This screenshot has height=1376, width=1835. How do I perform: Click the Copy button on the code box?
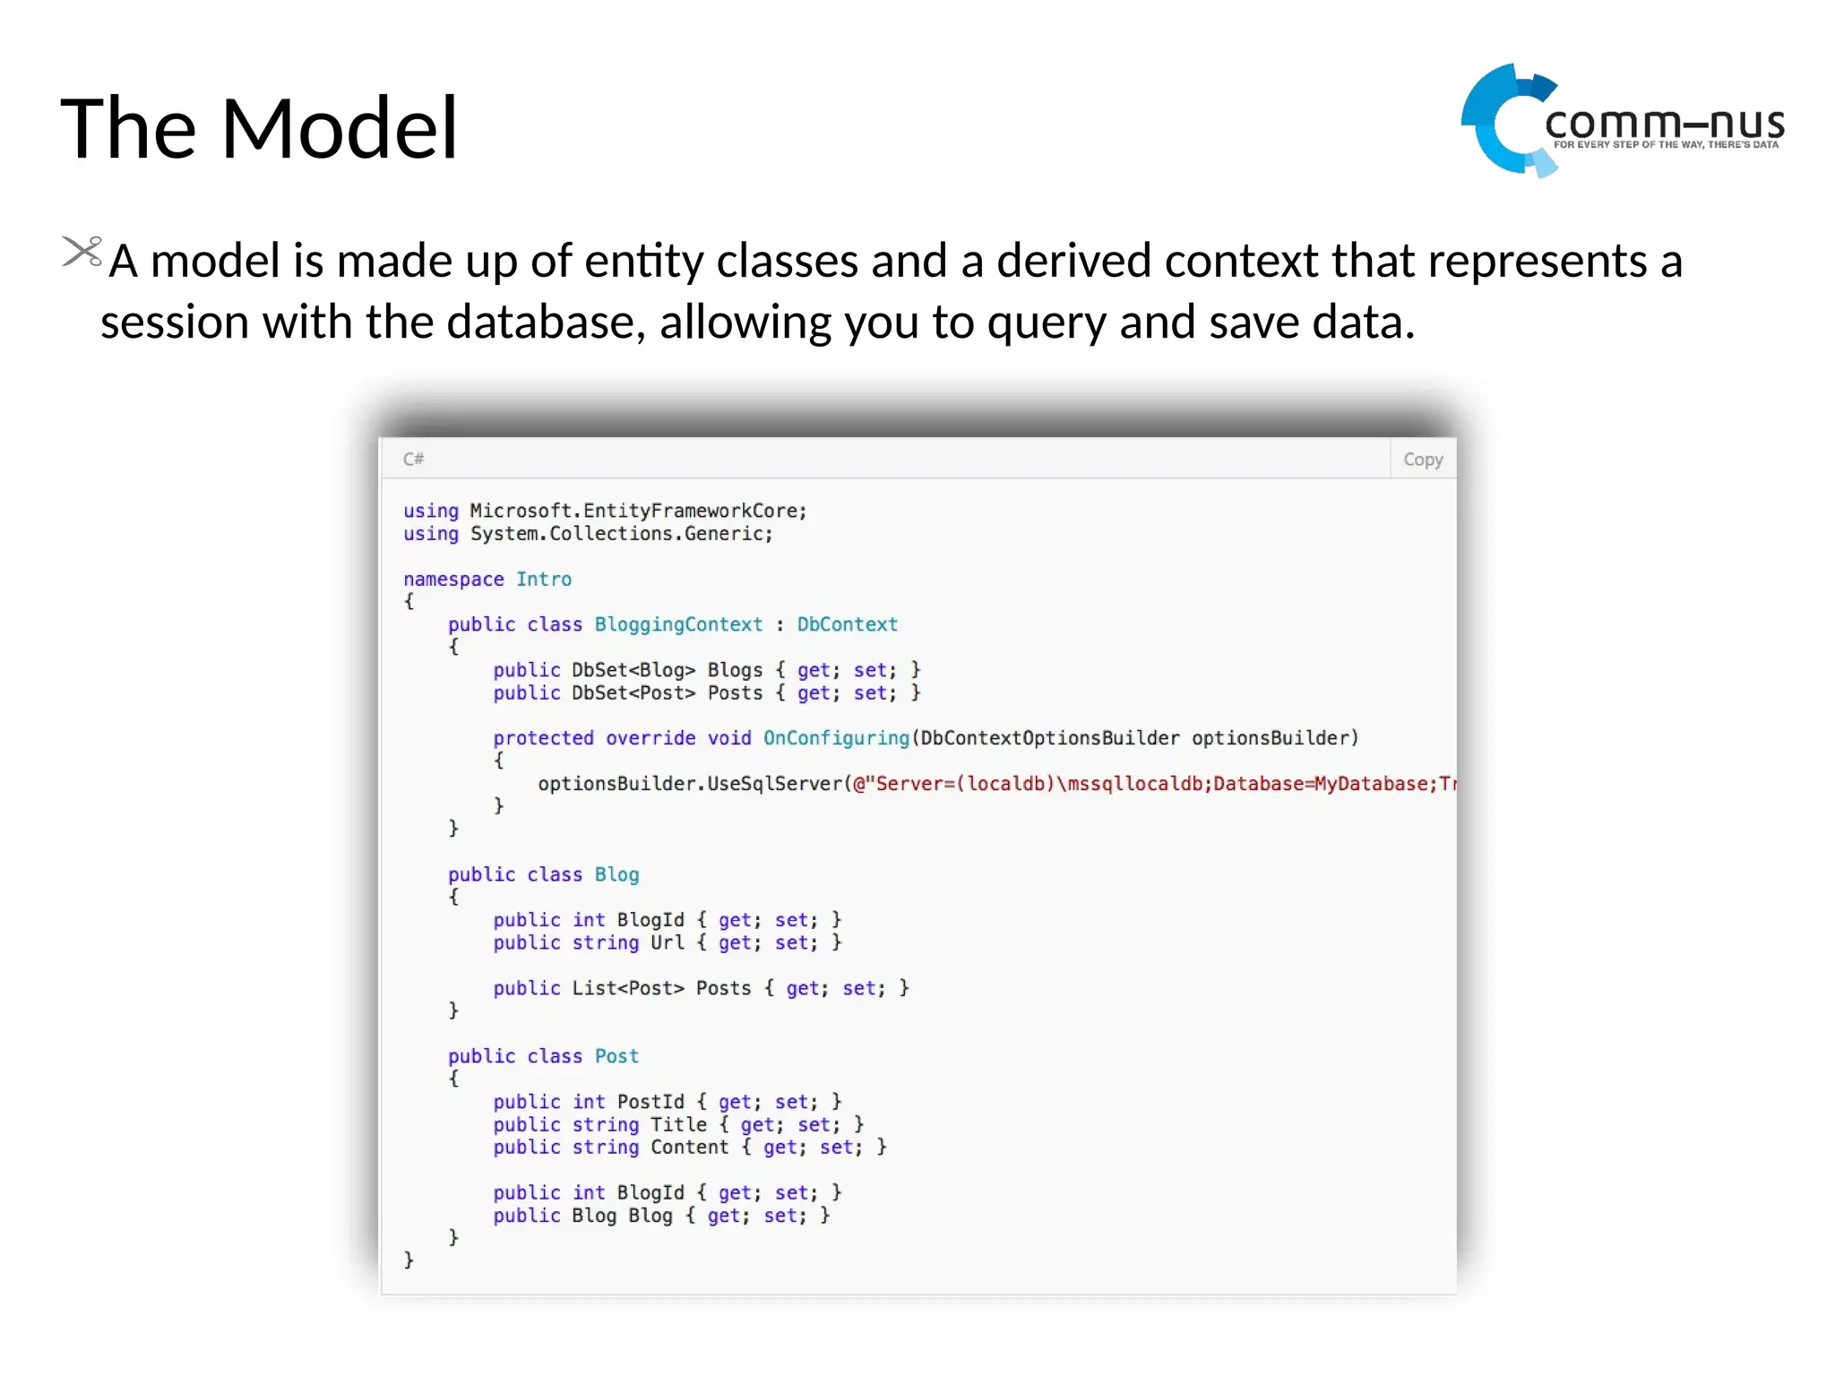pos(1422,460)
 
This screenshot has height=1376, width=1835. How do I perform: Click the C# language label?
pos(413,460)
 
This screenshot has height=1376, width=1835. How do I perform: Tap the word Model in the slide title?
pos(340,129)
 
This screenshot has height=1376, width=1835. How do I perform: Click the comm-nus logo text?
pos(1665,124)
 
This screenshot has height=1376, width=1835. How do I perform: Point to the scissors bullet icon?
pos(82,252)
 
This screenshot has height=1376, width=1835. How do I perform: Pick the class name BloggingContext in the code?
pos(678,624)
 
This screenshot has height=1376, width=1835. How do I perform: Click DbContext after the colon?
pos(847,624)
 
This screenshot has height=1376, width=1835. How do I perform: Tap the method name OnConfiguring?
pos(836,738)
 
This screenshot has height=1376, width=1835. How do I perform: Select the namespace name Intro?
pos(544,580)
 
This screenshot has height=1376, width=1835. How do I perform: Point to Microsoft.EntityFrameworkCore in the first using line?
pos(638,511)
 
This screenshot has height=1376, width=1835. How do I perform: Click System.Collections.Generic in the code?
pos(621,534)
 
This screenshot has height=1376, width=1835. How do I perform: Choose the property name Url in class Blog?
pos(667,942)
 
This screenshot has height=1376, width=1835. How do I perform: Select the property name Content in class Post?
pos(689,1148)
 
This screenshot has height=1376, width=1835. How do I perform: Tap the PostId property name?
pos(650,1102)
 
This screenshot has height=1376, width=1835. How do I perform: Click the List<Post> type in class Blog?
pos(627,988)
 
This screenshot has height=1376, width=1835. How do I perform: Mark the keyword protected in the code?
pos(543,738)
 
